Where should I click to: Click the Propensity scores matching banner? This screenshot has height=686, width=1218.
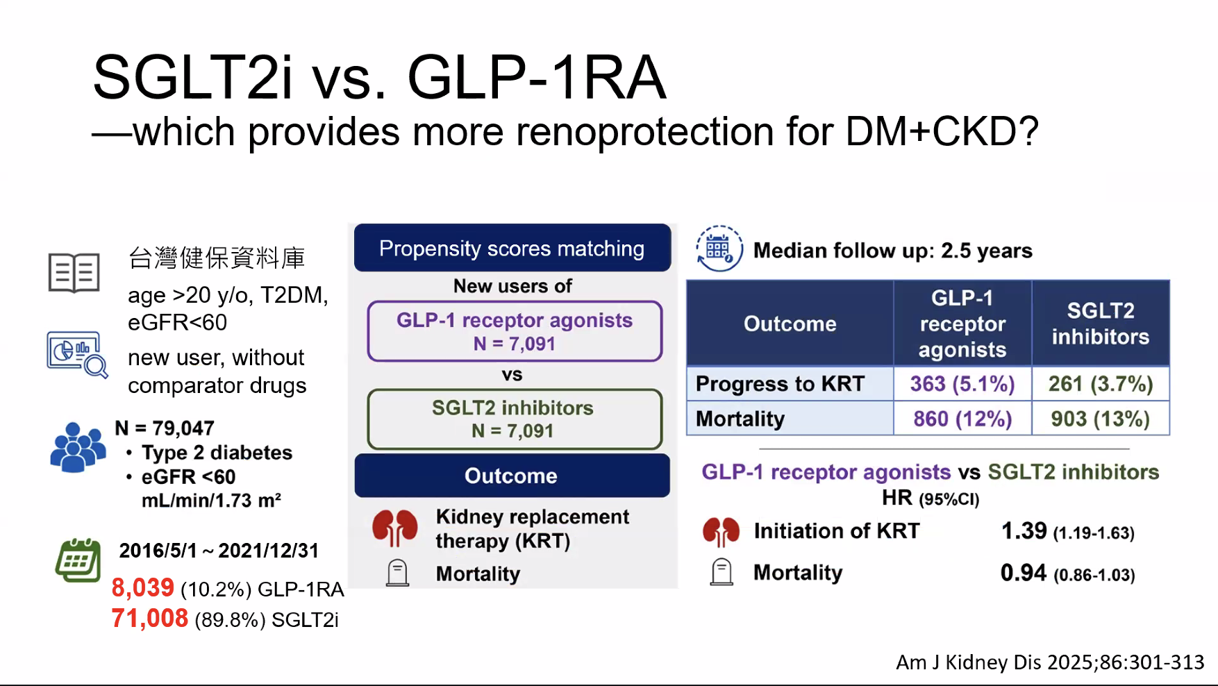[x=512, y=248]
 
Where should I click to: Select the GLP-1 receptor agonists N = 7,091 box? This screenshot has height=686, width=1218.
[x=515, y=331]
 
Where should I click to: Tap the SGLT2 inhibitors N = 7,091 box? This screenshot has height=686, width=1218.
[x=515, y=419]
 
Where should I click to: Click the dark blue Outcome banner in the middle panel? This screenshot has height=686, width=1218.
[x=512, y=476]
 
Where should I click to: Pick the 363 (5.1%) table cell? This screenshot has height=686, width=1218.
[x=962, y=384]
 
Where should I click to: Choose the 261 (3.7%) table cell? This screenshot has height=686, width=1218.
[x=1101, y=384]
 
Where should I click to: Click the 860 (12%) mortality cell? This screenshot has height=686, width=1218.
[x=962, y=419]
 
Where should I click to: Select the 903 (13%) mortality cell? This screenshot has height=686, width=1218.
[x=1101, y=419]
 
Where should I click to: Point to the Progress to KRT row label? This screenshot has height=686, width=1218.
[x=780, y=384]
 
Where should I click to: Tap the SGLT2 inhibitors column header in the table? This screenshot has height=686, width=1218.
[x=1101, y=324]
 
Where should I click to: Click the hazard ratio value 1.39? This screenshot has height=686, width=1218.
[x=1024, y=531]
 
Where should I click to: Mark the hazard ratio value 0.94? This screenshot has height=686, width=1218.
[x=1024, y=573]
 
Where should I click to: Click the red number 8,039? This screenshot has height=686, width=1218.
[x=143, y=587]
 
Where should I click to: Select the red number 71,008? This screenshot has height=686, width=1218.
[x=150, y=618]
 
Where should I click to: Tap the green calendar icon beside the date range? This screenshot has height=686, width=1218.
[x=78, y=560]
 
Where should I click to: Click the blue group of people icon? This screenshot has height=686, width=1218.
[x=78, y=447]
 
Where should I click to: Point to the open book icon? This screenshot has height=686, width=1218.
[x=74, y=273]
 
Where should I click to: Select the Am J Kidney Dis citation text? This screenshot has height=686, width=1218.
[x=1050, y=662]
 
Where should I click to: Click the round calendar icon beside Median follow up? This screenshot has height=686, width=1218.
[x=719, y=249]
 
